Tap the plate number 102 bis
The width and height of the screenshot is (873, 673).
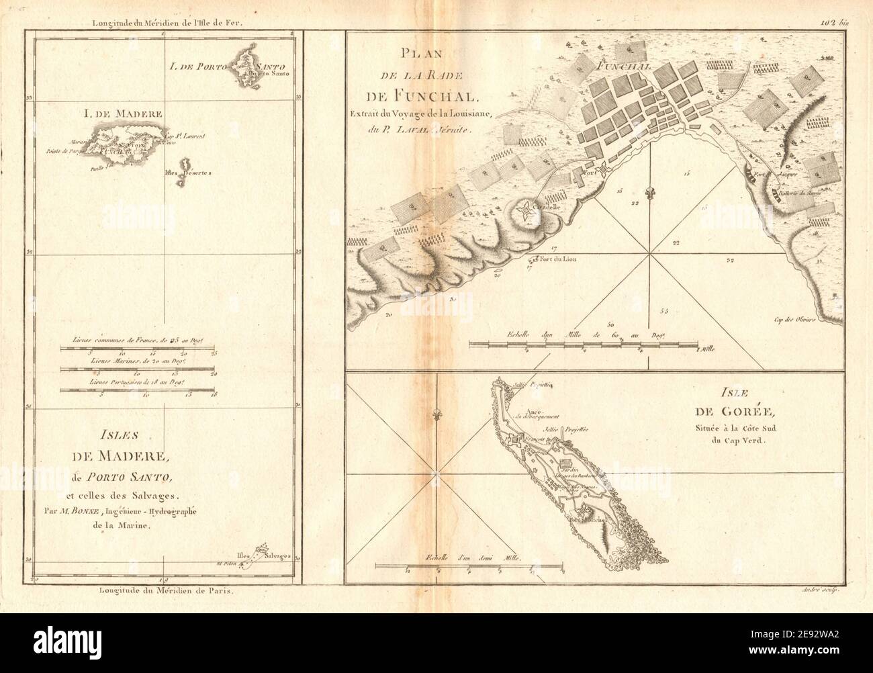pos(834,22)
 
